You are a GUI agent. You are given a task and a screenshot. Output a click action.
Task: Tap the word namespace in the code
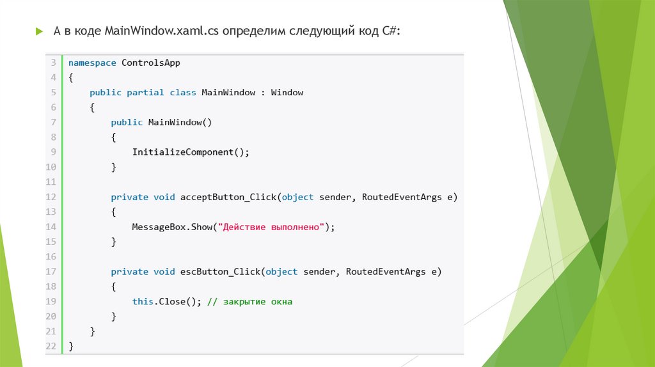point(92,63)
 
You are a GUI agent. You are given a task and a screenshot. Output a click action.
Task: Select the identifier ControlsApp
point(151,63)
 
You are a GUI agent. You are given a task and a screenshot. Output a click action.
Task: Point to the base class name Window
point(287,92)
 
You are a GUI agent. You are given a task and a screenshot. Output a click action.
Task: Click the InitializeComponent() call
point(190,152)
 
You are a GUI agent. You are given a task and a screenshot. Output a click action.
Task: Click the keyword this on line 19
point(142,301)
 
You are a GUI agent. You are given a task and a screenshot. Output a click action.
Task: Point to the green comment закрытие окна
point(258,301)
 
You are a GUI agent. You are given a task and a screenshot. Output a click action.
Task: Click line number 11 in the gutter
point(51,182)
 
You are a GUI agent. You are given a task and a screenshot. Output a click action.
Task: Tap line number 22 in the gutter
point(51,346)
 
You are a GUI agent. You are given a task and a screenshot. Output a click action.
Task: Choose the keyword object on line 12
point(297,197)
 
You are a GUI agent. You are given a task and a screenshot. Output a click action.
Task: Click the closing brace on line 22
point(71,346)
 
